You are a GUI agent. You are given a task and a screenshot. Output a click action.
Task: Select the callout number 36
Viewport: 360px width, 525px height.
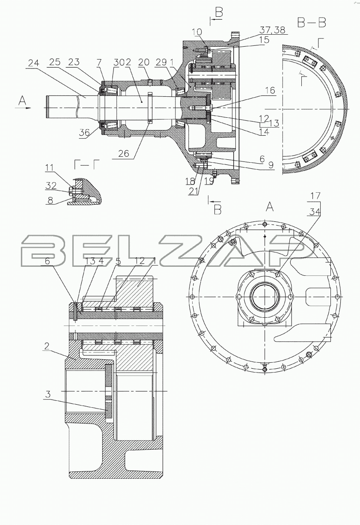click(85, 133)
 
